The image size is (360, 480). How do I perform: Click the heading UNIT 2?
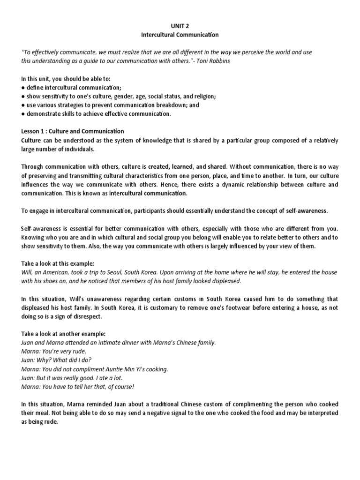click(x=180, y=26)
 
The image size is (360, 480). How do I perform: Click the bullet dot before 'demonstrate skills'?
click(x=23, y=114)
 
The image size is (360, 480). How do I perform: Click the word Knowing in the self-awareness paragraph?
click(x=34, y=237)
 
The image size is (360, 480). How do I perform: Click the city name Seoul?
click(x=122, y=272)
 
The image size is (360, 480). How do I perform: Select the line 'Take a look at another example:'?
click(x=63, y=334)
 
